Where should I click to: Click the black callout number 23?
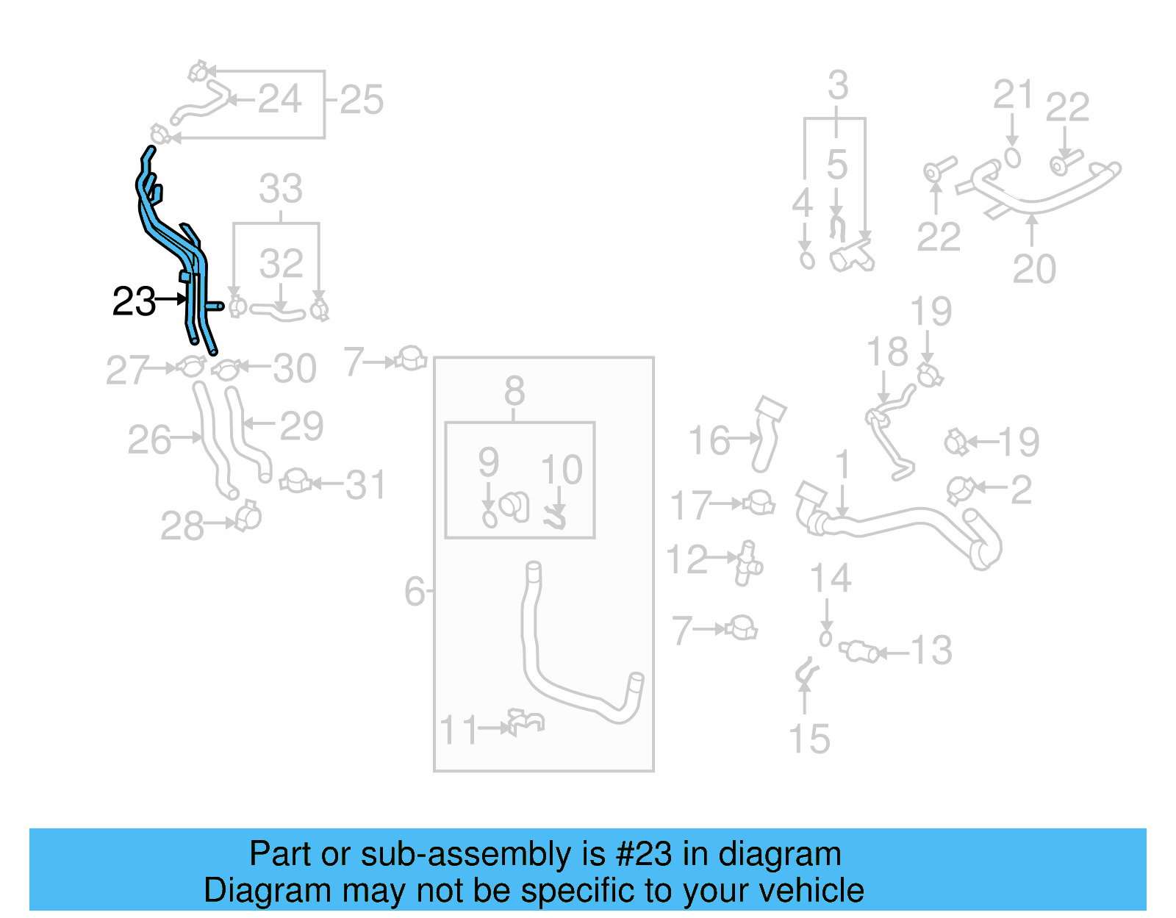134,301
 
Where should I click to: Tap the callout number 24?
279,99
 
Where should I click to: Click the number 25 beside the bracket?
362,100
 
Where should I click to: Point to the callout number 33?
281,189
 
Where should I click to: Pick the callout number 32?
281,263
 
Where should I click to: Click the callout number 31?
365,485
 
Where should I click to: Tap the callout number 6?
415,591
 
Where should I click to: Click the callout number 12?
686,559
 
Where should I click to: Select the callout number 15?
808,739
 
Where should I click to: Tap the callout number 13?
931,650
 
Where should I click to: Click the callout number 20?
1034,269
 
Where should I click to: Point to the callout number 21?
1014,95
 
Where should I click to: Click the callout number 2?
1021,490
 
